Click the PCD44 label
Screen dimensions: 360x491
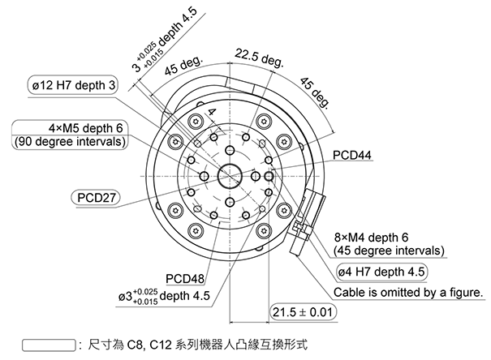tap(352, 153)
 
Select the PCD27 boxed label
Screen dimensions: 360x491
tap(97, 197)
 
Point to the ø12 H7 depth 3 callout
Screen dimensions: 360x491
tap(74, 84)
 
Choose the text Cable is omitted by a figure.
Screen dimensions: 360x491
tap(408, 292)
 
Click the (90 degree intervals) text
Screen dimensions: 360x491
tap(69, 142)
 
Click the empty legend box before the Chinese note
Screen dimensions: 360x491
tap(46, 345)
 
